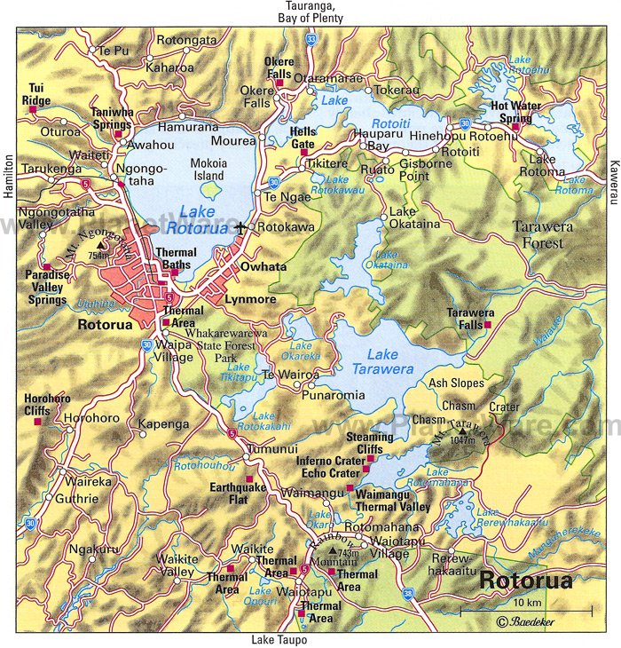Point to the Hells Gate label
[x=303, y=138]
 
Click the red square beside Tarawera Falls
[x=487, y=326]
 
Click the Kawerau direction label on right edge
[x=613, y=166]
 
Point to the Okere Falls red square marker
[x=279, y=83]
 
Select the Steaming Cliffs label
[x=370, y=443]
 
